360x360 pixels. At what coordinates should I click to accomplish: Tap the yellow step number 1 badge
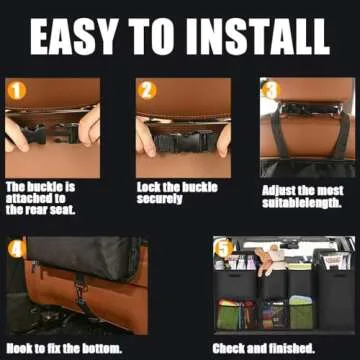pyautogui.click(x=17, y=92)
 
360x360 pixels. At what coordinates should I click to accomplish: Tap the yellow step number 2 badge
pyautogui.click(x=147, y=91)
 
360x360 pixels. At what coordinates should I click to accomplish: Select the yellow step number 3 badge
pyautogui.click(x=271, y=89)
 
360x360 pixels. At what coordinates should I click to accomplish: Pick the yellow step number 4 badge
pyautogui.click(x=17, y=248)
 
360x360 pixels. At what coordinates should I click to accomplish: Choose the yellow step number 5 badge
pyautogui.click(x=224, y=247)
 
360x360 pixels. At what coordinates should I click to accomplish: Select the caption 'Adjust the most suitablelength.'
pyautogui.click(x=301, y=195)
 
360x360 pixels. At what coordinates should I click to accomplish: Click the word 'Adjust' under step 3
pyautogui.click(x=278, y=189)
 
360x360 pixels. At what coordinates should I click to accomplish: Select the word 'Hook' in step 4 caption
pyautogui.click(x=21, y=349)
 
